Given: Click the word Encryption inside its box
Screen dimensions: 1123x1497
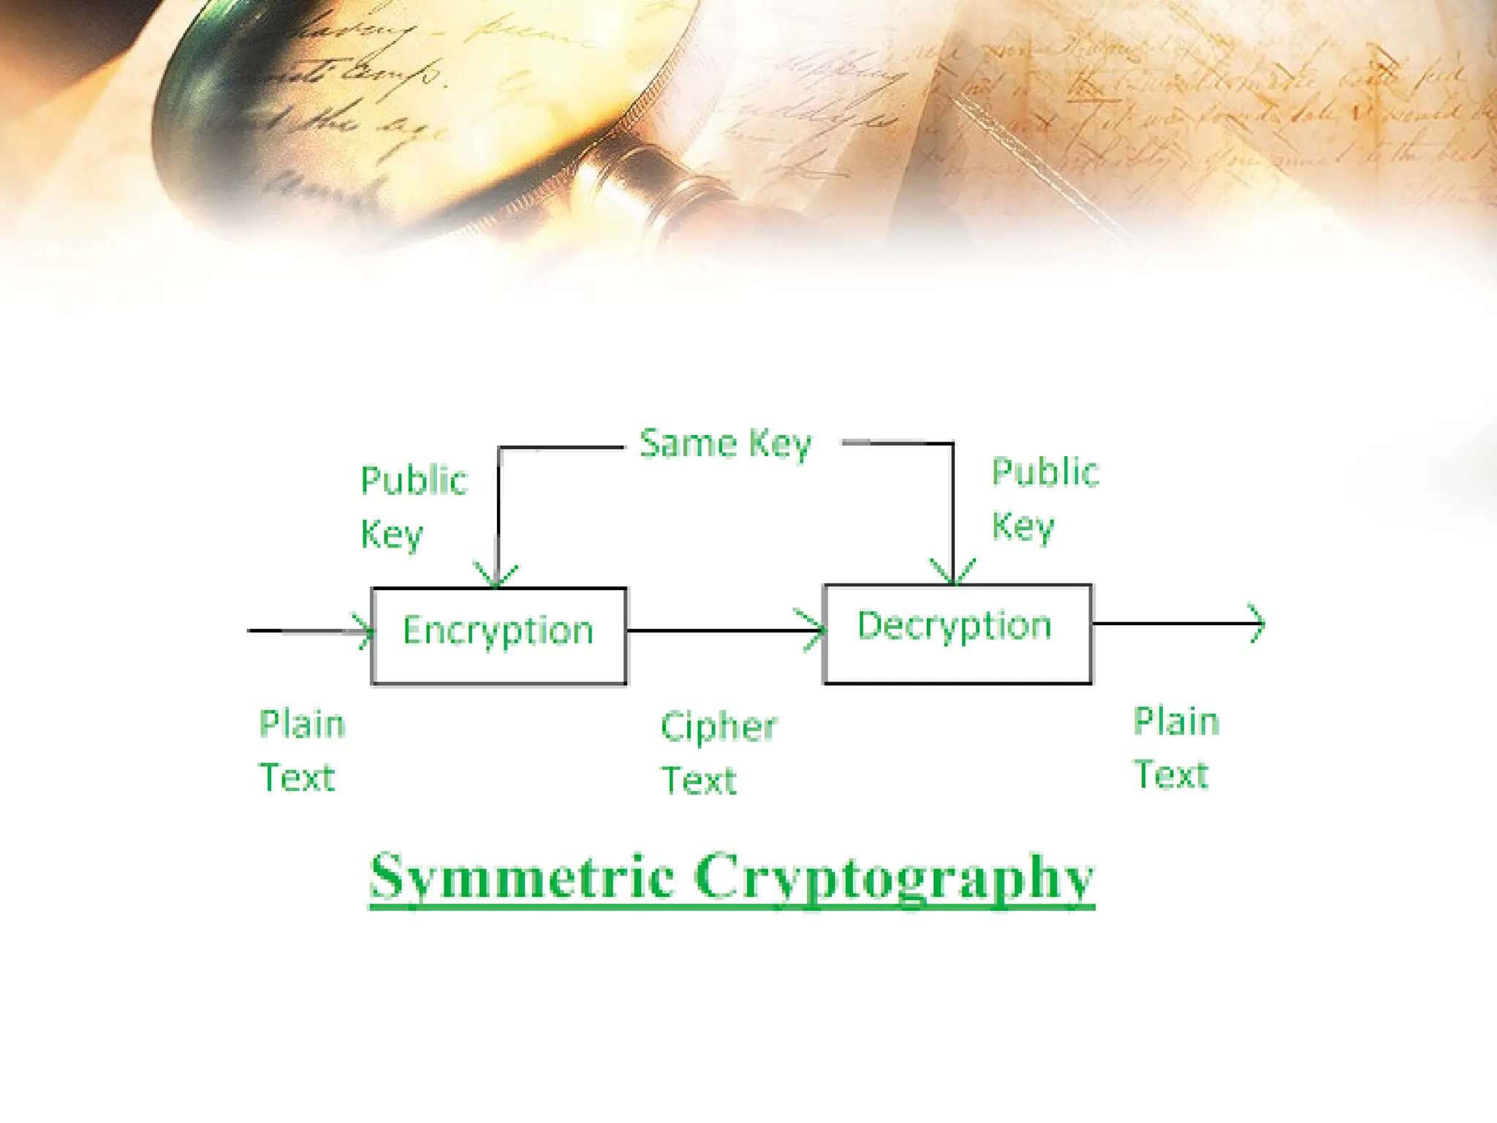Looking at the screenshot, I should (498, 631).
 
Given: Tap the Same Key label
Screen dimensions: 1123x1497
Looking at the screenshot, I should (725, 444).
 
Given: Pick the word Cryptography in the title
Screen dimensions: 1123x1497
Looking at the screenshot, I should (893, 877).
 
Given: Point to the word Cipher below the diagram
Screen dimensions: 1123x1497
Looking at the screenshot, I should (719, 727).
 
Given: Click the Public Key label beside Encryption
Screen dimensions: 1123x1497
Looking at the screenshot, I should (414, 507).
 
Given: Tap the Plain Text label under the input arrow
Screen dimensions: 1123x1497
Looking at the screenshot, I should (301, 751).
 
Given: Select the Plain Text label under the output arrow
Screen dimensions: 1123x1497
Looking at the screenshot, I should (1176, 748).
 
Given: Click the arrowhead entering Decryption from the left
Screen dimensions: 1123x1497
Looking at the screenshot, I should (813, 629).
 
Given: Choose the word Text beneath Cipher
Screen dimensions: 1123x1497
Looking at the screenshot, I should (699, 781).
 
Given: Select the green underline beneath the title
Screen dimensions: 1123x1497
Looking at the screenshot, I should (731, 907).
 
